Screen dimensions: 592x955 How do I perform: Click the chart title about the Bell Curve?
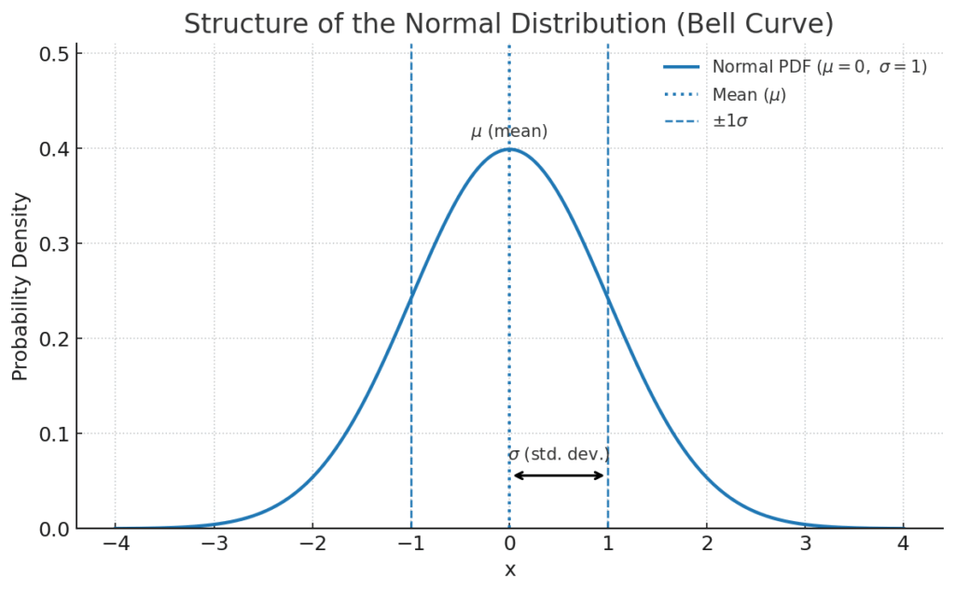[x=508, y=23]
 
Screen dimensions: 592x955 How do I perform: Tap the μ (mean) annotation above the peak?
[x=509, y=132]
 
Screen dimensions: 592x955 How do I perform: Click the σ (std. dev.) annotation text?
[x=559, y=455]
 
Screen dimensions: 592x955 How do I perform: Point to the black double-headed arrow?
[x=559, y=475]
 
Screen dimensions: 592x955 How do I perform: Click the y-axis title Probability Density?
[x=21, y=286]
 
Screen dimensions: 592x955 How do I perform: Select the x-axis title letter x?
[x=509, y=570]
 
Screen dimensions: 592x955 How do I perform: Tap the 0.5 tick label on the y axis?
[x=53, y=54]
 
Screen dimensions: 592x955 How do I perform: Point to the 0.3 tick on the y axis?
[x=53, y=244]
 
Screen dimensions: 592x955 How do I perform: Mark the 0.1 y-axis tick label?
[x=53, y=434]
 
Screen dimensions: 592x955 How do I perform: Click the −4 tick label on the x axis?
[x=115, y=544]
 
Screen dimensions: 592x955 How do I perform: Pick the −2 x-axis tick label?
[x=311, y=544]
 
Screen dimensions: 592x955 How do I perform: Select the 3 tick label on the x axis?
[x=805, y=544]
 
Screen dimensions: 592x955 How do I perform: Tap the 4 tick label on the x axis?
[x=903, y=544]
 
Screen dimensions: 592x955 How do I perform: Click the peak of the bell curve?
[x=509, y=149]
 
